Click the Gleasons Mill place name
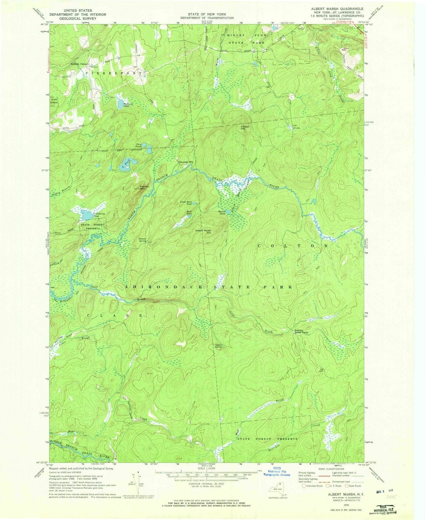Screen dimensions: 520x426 [x=186, y=162]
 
